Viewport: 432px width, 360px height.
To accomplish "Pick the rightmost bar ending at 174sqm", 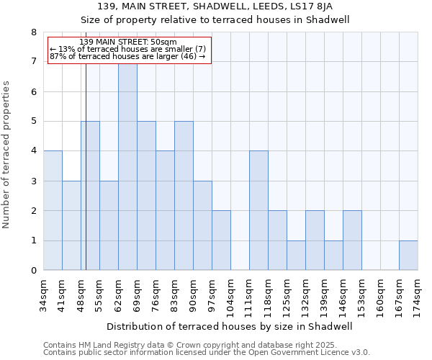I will pyautogui.click(x=408, y=256).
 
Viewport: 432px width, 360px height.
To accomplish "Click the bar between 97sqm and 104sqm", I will pyautogui.click(x=221, y=240).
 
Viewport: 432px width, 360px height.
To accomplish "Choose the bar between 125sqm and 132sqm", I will pyautogui.click(x=296, y=256).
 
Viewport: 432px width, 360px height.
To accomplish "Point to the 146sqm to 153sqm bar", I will pyautogui.click(x=352, y=240).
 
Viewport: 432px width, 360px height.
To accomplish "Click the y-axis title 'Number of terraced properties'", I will pyautogui.click(x=7, y=155).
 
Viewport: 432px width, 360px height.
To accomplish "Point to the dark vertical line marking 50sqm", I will pyautogui.click(x=86, y=180).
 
